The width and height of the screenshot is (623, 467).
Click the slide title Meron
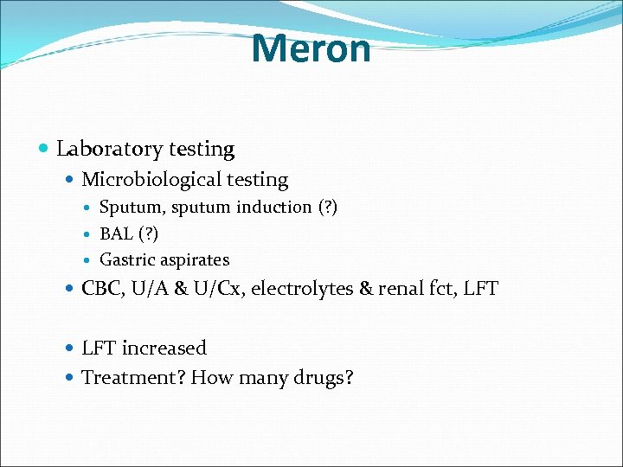[311, 48]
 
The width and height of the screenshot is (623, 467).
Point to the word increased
[164, 349]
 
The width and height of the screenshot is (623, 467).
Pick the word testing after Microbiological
[257, 180]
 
